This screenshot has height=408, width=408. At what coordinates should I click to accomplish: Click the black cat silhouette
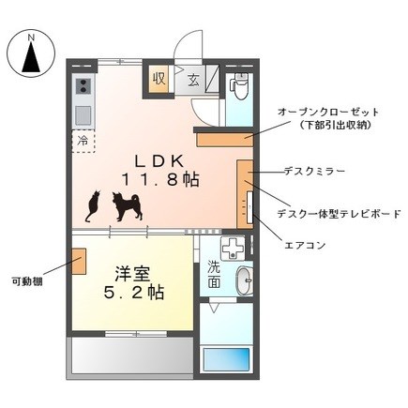[93, 207]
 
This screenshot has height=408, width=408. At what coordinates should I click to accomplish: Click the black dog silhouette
[128, 206]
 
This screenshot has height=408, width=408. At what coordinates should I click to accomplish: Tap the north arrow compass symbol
[31, 53]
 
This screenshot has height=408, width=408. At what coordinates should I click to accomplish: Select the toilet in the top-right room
[239, 85]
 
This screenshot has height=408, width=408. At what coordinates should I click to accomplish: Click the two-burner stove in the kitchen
[83, 86]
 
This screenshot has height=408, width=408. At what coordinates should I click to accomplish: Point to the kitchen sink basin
[83, 115]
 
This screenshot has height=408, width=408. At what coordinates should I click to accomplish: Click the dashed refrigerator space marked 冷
[83, 142]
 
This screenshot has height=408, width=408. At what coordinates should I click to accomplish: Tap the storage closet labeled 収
[159, 79]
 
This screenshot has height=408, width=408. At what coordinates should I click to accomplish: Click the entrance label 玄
[193, 80]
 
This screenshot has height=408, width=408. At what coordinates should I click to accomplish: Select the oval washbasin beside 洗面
[245, 280]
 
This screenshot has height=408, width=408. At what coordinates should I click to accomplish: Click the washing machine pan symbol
[233, 249]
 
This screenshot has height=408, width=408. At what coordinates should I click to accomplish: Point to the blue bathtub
[226, 359]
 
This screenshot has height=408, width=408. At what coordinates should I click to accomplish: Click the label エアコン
[305, 245]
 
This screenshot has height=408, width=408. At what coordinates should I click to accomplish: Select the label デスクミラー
[315, 171]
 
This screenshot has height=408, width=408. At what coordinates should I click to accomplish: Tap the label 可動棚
[27, 281]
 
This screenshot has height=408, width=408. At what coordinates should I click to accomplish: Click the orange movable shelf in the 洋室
[79, 262]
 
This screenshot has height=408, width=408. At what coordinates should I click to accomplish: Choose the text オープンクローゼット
[328, 112]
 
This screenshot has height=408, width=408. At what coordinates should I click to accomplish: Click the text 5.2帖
[134, 293]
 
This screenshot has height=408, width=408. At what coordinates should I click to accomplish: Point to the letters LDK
[159, 161]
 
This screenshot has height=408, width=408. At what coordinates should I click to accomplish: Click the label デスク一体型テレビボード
[340, 214]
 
